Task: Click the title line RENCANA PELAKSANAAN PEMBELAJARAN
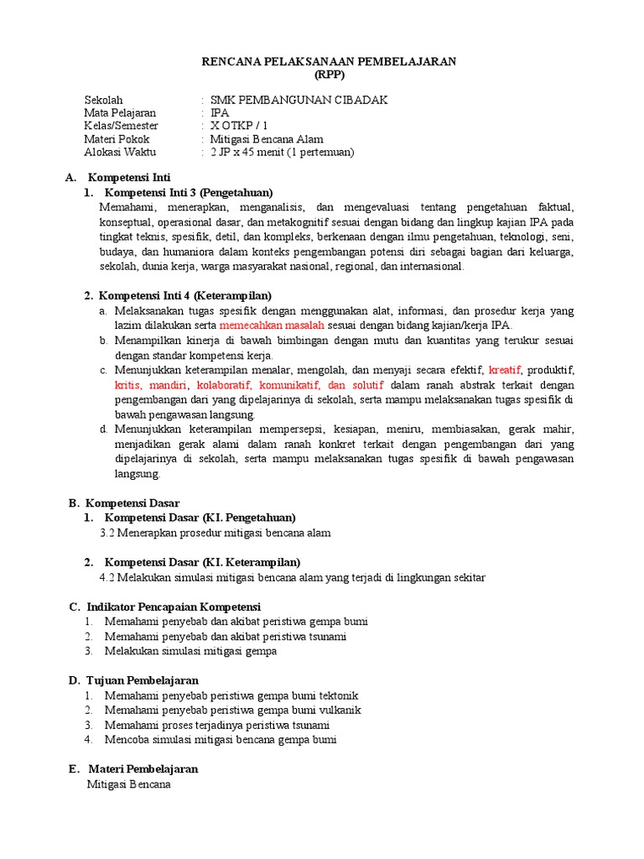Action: coord(330,61)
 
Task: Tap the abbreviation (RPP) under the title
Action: coord(330,74)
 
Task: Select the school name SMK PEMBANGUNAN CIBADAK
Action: coord(299,100)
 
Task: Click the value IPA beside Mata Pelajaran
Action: coord(219,112)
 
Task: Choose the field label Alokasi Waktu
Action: coord(120,152)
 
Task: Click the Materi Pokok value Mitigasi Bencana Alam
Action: coord(267,139)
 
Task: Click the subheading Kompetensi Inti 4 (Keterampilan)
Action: coord(185,295)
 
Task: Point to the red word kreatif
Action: coord(505,370)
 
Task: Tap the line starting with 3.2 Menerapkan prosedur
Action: coord(215,533)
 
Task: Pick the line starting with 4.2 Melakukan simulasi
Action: coord(292,577)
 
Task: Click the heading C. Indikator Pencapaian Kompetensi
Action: coord(164,607)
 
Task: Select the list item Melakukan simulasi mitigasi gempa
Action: coord(190,651)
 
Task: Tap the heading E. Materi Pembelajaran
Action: coord(133,768)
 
